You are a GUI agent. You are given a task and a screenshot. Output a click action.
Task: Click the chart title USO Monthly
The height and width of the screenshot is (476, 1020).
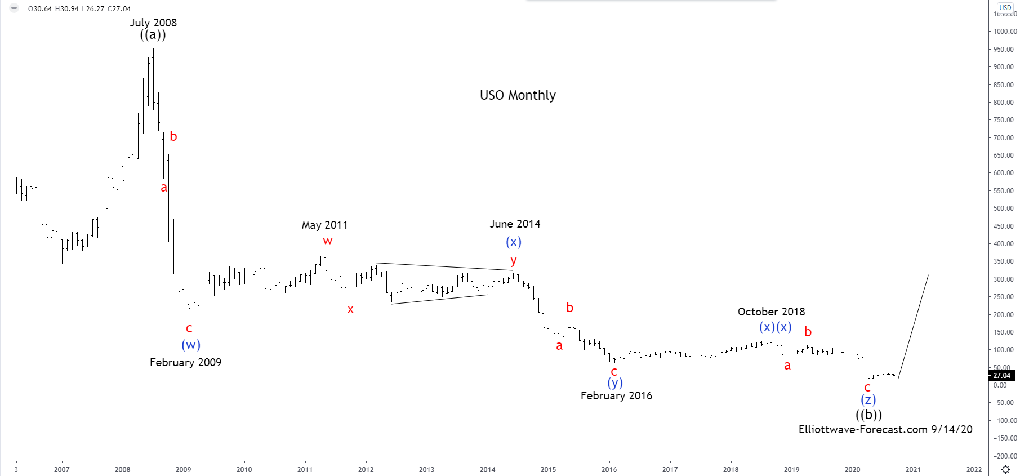[518, 95]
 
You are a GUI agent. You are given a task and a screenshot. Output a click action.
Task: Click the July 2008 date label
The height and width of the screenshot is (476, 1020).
[153, 23]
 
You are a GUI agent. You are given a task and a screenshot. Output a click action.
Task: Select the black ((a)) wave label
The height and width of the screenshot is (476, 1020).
[153, 35]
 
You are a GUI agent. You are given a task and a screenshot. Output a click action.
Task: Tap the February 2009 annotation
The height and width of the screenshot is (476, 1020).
[185, 362]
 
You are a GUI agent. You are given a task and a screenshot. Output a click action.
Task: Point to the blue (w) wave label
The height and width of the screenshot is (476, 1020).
[191, 345]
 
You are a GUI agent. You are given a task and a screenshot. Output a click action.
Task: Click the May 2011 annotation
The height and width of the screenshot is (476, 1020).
[324, 225]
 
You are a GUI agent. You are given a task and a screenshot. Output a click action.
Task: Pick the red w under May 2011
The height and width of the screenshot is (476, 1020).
[328, 241]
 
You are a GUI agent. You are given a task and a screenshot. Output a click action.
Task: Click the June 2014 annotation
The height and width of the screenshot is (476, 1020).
[515, 224]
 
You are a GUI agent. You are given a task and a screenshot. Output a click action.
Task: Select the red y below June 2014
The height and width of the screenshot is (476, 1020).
[514, 260]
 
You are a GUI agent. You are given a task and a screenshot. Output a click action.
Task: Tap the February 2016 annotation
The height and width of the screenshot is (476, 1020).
[616, 395]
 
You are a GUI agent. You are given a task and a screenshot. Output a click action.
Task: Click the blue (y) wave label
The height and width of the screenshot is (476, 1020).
[615, 383]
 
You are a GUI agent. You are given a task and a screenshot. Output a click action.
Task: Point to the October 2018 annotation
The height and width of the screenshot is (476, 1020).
[771, 312]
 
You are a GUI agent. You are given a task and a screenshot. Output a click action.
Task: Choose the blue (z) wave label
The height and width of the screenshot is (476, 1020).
[868, 400]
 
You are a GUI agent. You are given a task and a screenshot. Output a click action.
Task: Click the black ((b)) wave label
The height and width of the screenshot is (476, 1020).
[868, 415]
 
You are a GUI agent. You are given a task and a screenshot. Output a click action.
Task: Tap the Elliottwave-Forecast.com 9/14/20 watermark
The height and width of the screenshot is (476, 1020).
[885, 429]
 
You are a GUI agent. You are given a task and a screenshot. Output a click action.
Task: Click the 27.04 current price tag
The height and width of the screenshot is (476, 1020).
[1001, 376]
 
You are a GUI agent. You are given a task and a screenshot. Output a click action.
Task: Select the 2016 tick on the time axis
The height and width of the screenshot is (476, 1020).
[609, 469]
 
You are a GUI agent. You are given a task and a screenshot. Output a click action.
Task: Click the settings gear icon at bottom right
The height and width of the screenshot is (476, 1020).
[1005, 469]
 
